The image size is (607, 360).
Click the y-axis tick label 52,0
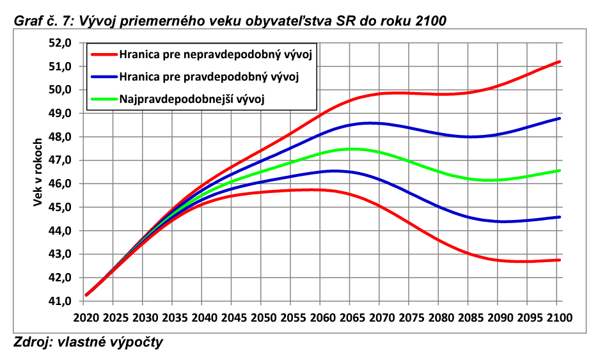click(61, 43)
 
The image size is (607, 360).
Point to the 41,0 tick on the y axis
click(61, 301)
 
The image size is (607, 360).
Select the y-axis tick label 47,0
click(61, 160)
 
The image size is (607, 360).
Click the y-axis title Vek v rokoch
click(38, 172)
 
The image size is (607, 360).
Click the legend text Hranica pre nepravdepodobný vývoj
click(216, 55)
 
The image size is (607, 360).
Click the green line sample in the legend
click(104, 99)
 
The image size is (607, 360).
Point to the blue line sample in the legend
click(104, 77)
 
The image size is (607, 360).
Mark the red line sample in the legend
click(104, 55)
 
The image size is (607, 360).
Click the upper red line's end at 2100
click(560, 62)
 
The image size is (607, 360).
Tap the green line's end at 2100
click(560, 171)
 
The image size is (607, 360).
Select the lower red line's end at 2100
click(560, 260)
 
